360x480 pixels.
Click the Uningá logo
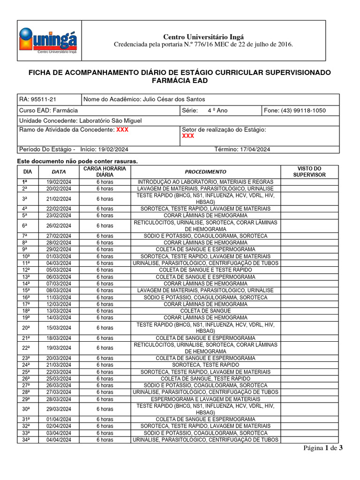coord(48,41)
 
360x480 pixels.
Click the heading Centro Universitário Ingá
coord(203,37)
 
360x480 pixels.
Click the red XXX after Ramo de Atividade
coord(122,129)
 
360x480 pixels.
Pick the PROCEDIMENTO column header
coord(205,172)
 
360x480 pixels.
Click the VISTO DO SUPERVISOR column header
coord(309,172)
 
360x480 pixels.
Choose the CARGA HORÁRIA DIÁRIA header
coord(105,172)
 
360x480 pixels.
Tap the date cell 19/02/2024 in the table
coord(59,182)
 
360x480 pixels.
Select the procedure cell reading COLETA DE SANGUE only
coord(205,311)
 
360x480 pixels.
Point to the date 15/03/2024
coord(59,328)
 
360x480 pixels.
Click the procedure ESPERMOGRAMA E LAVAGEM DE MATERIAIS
coord(205,399)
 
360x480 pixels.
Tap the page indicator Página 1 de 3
coord(323,448)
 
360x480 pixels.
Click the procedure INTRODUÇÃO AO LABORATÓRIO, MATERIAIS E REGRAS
coord(205,182)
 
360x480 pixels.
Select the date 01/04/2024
coord(59,419)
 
